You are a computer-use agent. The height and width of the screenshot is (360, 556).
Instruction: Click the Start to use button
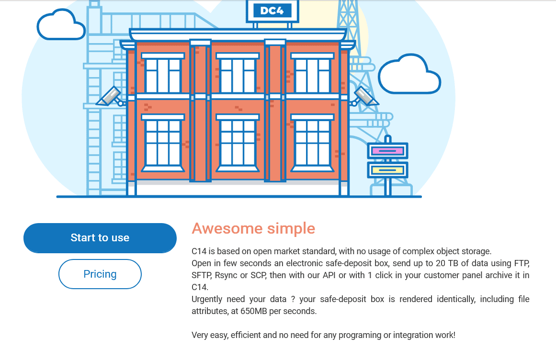(x=100, y=238)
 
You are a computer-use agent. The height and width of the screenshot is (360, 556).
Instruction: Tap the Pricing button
(x=100, y=274)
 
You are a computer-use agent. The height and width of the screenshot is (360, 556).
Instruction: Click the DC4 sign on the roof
(x=272, y=11)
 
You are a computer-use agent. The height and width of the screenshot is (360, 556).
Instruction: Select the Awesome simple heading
(x=253, y=228)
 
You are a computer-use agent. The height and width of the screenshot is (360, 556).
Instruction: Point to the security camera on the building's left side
(x=110, y=96)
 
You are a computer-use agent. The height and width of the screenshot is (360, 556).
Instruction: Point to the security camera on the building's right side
(x=364, y=96)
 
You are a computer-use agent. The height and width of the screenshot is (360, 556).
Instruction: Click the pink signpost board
(x=387, y=151)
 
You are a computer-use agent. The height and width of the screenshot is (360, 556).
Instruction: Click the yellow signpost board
(x=387, y=170)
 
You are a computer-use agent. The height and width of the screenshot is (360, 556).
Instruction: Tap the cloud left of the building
(x=61, y=25)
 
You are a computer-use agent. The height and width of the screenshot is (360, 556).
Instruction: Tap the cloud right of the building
(x=409, y=74)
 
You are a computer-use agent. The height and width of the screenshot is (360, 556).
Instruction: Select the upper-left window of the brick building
(x=163, y=73)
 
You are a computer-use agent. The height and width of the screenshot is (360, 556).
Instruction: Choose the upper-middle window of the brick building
(x=238, y=73)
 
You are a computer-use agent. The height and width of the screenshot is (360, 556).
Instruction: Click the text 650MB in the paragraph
(x=253, y=311)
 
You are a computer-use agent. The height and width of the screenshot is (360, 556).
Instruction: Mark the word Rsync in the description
(x=226, y=275)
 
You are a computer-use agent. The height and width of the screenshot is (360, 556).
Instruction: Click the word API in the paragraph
(x=329, y=275)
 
